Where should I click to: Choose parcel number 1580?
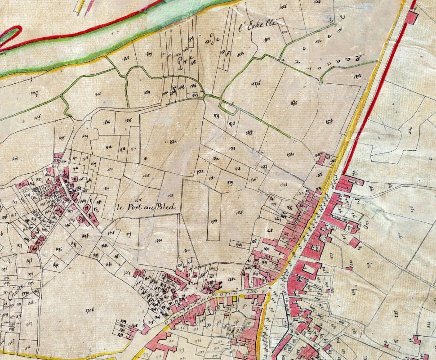290,154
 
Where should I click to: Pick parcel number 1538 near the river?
125,58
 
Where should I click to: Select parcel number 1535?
128,121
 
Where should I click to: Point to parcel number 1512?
108,147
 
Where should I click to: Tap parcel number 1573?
358,75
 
